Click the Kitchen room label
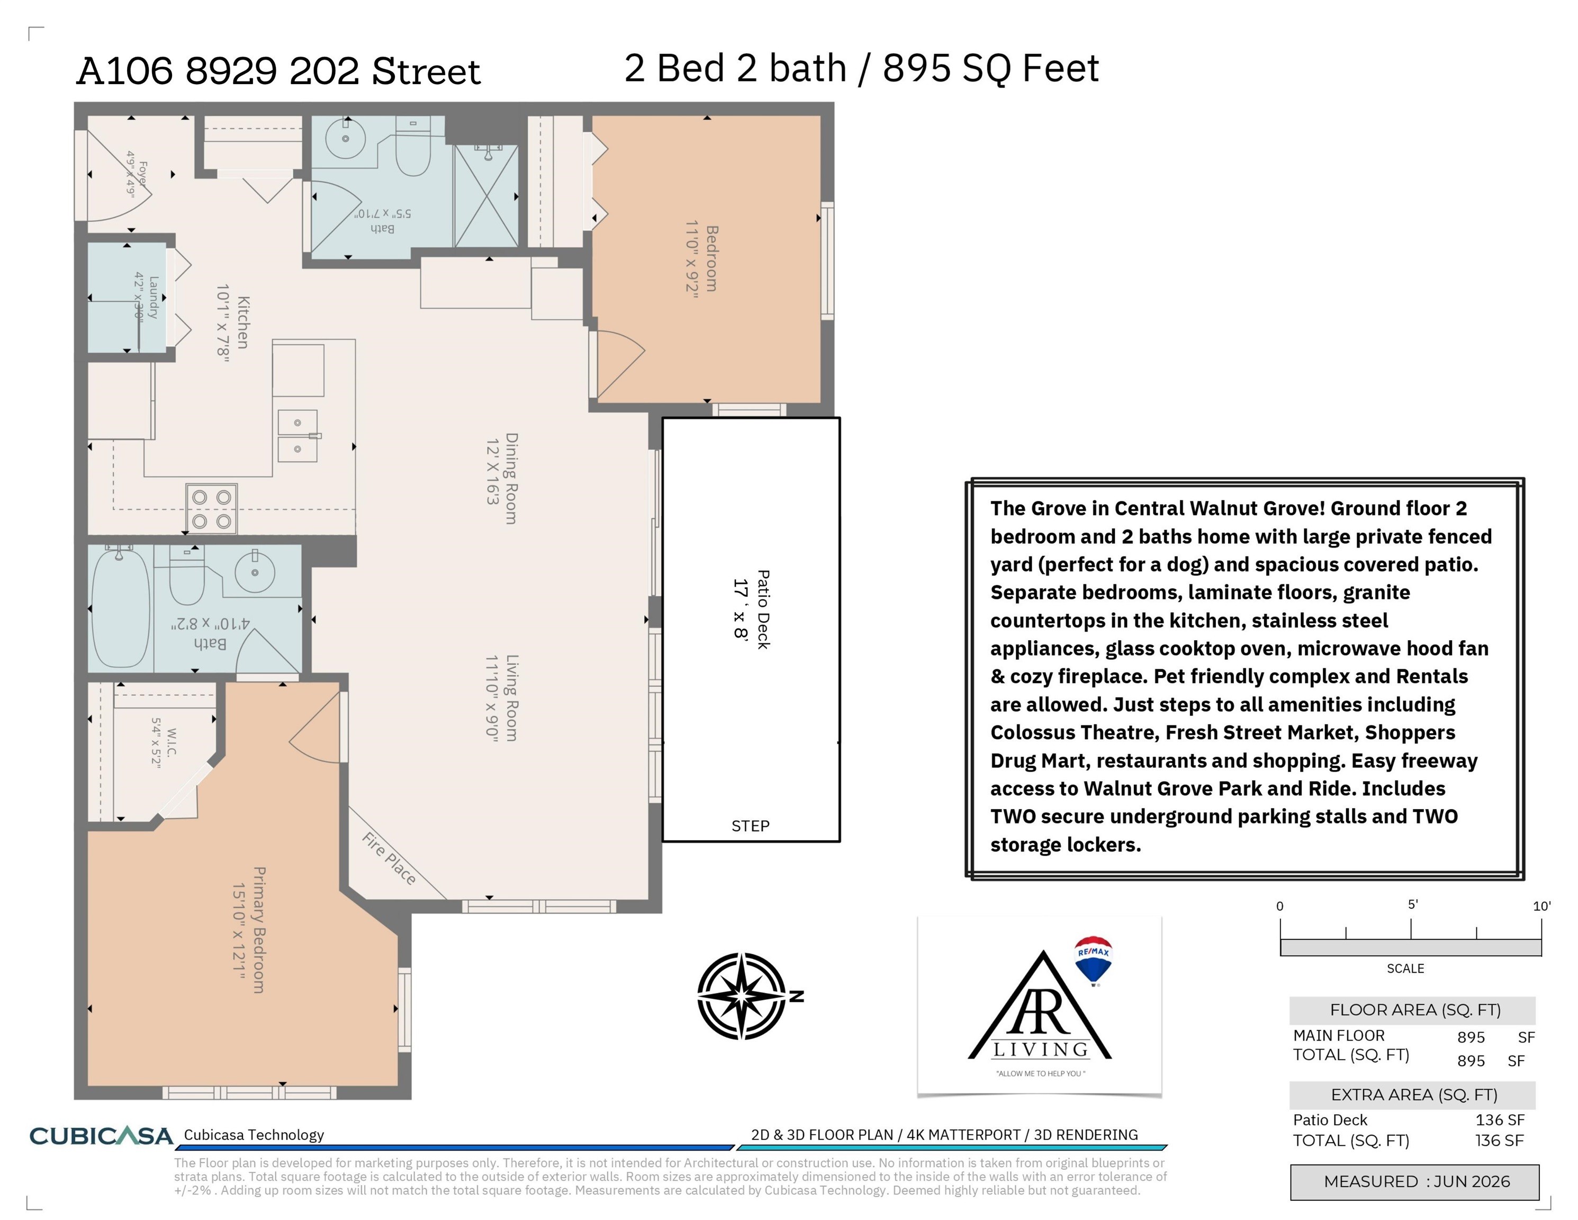(x=244, y=322)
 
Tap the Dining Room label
(x=511, y=479)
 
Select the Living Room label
(x=511, y=698)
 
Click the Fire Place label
(x=390, y=859)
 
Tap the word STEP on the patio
(x=750, y=826)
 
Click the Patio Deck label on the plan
(x=763, y=609)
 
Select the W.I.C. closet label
(x=171, y=742)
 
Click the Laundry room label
(x=153, y=297)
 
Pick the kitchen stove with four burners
(x=212, y=509)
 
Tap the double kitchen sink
(x=297, y=436)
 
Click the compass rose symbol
(x=742, y=996)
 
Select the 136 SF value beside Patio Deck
(x=1500, y=1119)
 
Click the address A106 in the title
(x=125, y=71)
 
